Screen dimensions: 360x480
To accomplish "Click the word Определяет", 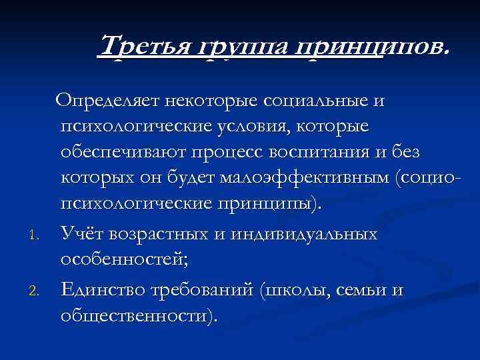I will (x=107, y=101).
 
